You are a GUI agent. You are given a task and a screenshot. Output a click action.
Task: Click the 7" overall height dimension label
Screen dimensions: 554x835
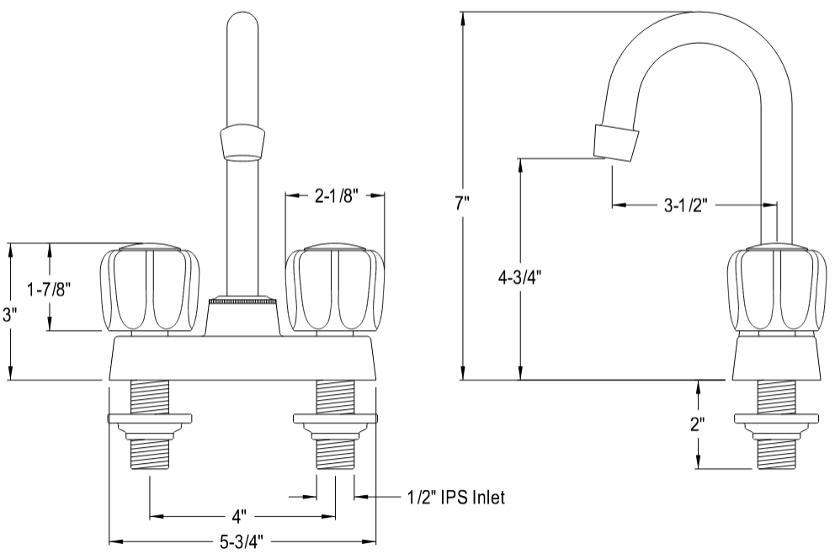coord(462,203)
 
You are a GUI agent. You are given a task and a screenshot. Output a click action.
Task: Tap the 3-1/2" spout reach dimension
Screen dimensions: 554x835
coord(686,204)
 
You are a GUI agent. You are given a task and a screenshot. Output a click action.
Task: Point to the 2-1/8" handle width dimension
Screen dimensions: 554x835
coord(336,196)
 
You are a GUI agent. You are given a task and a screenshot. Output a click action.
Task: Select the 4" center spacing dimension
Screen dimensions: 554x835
coord(239,514)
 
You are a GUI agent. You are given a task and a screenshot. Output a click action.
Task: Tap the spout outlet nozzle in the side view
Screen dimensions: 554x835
coord(614,142)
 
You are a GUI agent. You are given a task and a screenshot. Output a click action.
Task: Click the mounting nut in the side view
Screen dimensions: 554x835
coord(776,418)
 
